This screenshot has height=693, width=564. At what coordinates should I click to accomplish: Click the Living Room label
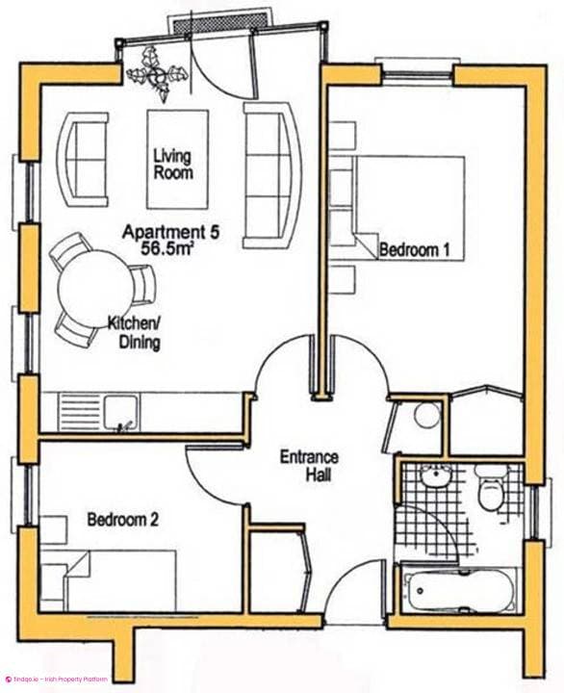click(172, 164)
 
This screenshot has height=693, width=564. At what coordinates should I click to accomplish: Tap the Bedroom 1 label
click(415, 250)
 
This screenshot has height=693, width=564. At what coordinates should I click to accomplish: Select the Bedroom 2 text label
click(122, 520)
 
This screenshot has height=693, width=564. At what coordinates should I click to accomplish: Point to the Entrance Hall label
click(308, 467)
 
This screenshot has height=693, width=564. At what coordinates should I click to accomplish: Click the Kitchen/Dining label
click(134, 333)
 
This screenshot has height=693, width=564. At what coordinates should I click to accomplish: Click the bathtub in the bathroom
click(458, 589)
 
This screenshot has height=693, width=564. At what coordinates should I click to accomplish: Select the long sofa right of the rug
click(269, 173)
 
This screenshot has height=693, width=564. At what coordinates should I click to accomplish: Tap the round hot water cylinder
click(425, 417)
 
